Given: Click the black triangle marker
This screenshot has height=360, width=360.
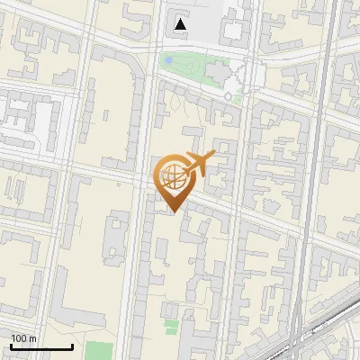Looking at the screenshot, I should [x=181, y=24].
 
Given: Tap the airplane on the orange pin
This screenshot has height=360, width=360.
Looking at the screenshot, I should [x=199, y=163].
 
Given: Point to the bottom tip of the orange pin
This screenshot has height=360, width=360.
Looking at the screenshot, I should [x=172, y=211].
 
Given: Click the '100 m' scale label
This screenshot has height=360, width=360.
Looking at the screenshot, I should [x=23, y=338].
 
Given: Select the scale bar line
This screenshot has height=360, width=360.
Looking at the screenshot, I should [x=41, y=346].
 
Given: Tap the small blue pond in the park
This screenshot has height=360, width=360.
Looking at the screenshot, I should [x=168, y=60].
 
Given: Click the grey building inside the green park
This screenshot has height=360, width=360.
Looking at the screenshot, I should [x=219, y=71].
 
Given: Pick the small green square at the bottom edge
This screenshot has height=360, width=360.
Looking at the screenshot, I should [x=100, y=350].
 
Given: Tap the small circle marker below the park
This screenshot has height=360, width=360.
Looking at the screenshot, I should [x=229, y=96].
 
